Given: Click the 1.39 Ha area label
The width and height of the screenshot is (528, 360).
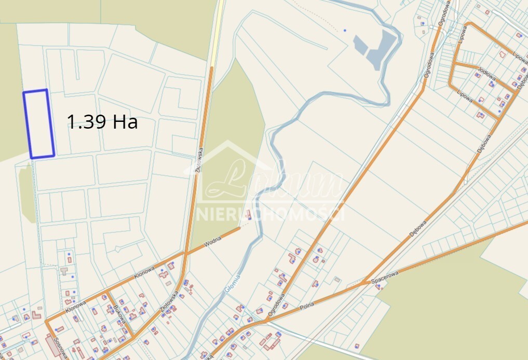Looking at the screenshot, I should point(102,122).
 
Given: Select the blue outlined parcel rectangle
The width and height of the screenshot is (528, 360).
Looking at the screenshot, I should point(39,123).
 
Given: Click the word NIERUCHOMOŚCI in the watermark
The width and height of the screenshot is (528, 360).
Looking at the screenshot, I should point(270,213).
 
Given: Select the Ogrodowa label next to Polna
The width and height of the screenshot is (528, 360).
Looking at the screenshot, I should point(276,306).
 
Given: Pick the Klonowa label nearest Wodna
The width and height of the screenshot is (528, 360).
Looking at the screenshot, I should point(144,270).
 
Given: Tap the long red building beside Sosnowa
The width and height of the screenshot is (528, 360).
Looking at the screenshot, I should point(53,344).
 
